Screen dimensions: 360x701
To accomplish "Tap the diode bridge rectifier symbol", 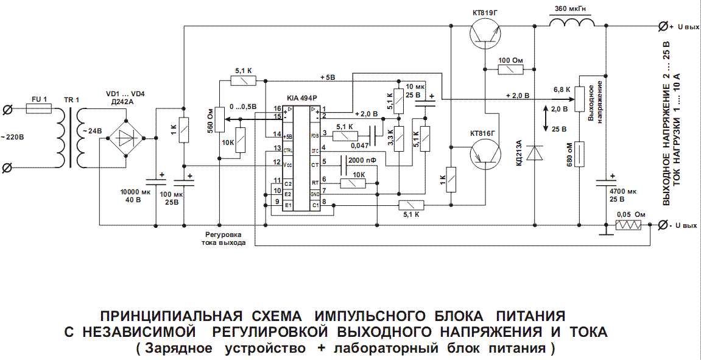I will tap(125, 139).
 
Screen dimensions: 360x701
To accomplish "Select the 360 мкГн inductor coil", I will tap(572, 23).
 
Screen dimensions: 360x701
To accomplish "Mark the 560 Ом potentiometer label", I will tap(210, 121).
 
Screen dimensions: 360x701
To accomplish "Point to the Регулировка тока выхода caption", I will tap(224, 238).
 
